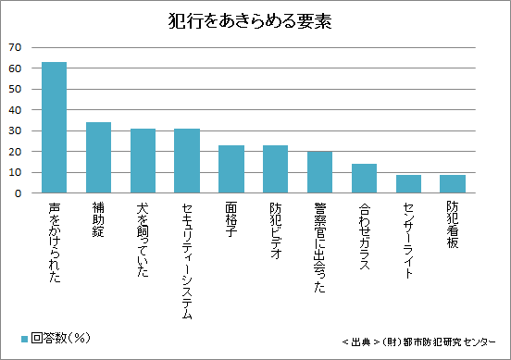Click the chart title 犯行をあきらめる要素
(x=255, y=20)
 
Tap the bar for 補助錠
(x=99, y=158)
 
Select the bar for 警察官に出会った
(x=319, y=172)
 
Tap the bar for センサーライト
(x=407, y=184)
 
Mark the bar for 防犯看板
(x=452, y=184)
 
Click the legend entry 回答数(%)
(x=55, y=338)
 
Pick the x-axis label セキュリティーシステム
(x=187, y=260)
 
